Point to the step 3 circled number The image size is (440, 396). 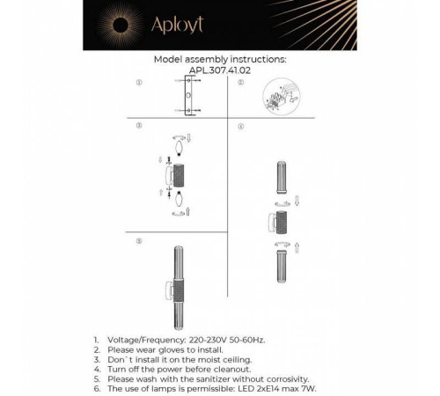tap(138, 127)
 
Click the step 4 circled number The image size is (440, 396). tap(239, 127)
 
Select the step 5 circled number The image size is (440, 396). tap(138, 240)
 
